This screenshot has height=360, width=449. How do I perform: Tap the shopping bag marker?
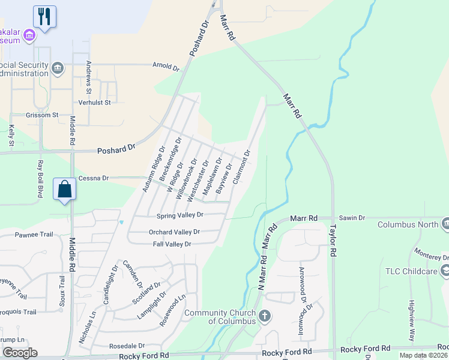pyautogui.click(x=65, y=189)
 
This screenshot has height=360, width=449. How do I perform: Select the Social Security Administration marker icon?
pyautogui.click(x=58, y=68)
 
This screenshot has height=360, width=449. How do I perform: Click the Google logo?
pyautogui.click(x=20, y=353)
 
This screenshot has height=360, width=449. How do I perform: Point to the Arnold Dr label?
pyautogui.click(x=166, y=66)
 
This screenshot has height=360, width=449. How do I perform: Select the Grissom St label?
pyautogui.click(x=42, y=115)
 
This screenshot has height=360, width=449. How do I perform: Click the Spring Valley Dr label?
pyautogui.click(x=180, y=215)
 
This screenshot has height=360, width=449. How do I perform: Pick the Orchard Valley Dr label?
pyautogui.click(x=174, y=232)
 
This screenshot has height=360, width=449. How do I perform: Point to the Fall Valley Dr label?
pyautogui.click(x=172, y=244)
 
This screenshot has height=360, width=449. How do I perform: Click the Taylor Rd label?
pyautogui.click(x=333, y=241)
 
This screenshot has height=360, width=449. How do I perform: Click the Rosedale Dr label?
pyautogui.click(x=127, y=346)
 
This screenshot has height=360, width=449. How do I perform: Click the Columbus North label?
pyautogui.click(x=408, y=225)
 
